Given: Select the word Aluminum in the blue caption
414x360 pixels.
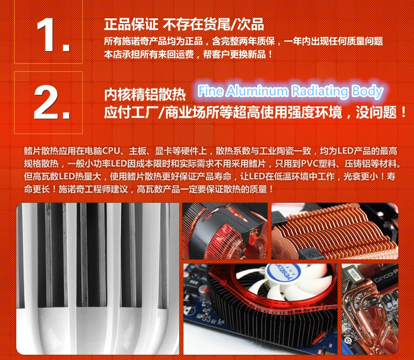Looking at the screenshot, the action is [257, 91].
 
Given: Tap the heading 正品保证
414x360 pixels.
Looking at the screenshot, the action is [131, 24].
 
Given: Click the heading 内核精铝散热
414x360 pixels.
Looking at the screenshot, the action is [145, 94].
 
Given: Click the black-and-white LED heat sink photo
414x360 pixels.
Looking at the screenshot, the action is [97, 278].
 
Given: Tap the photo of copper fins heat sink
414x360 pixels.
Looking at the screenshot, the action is [335, 231].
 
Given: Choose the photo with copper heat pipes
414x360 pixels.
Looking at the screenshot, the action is [370, 309].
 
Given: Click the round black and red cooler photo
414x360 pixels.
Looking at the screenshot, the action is [225, 231].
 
